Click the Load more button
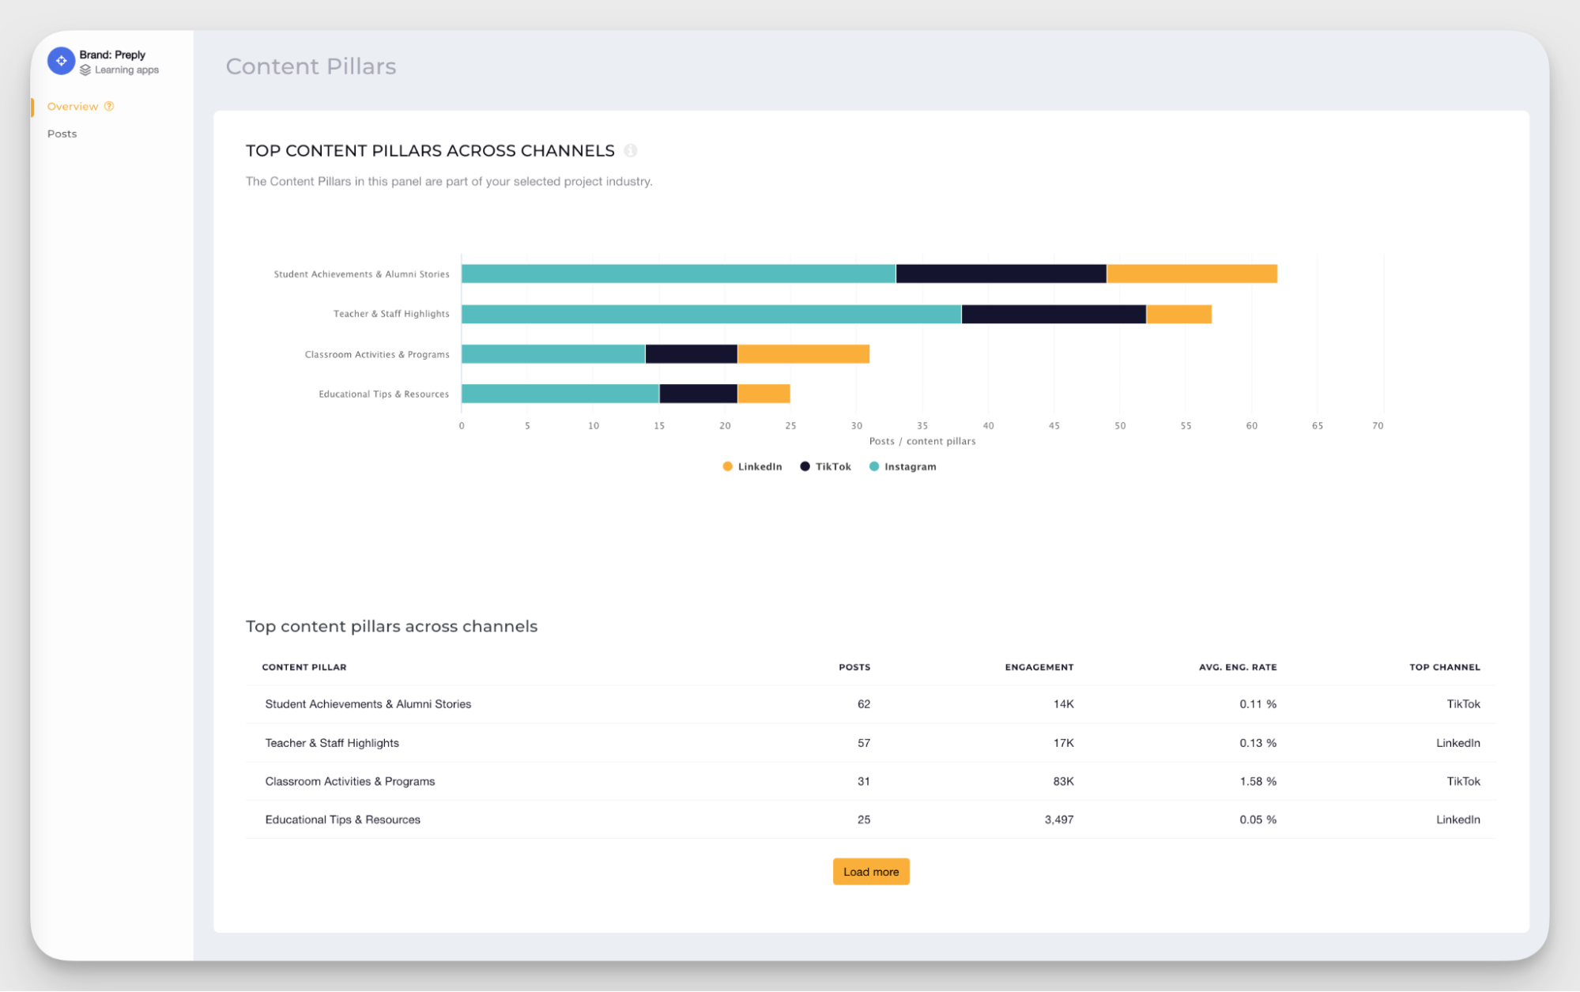click(870, 871)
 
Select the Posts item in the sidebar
click(62, 134)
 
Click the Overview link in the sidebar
click(73, 106)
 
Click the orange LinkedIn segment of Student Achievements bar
click(1191, 273)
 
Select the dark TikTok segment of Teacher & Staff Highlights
click(1053, 314)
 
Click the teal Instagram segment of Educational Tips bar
click(560, 394)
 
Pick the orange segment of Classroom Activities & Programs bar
click(803, 354)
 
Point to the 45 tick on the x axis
click(1054, 425)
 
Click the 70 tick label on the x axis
click(1377, 425)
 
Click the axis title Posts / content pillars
click(922, 441)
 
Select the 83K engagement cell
click(1062, 781)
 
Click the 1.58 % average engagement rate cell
click(1257, 781)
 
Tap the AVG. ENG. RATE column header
click(1237, 667)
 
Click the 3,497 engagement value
click(1058, 820)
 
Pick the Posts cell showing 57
click(863, 743)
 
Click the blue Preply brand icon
click(61, 61)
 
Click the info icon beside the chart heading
click(630, 150)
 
